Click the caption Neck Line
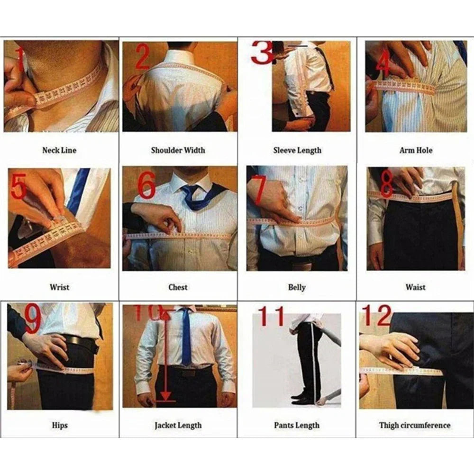point(59,150)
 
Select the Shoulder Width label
point(178,150)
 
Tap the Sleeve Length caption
point(297,150)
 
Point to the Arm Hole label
point(415,150)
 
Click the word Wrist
point(59,287)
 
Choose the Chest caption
point(178,287)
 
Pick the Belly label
point(297,287)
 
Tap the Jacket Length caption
point(178,425)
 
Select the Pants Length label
point(297,425)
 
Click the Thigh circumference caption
point(415,425)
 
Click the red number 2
point(143,58)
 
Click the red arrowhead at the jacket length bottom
point(165,397)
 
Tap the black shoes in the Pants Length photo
point(301,398)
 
